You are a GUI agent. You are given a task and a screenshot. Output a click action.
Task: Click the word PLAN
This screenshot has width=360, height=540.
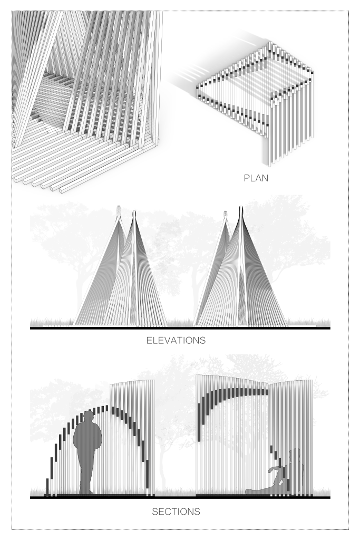256,178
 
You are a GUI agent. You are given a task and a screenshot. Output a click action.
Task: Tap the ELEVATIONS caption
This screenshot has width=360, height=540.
176,340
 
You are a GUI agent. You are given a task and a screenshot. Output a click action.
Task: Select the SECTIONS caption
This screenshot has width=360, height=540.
176,512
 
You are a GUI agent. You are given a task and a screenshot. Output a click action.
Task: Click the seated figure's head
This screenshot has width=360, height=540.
295,455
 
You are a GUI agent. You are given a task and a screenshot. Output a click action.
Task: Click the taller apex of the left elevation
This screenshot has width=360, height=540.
134,211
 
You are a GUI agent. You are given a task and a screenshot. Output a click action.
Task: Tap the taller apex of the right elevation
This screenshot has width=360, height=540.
241,208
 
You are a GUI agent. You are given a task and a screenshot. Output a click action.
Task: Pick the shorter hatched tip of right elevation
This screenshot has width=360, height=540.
226,213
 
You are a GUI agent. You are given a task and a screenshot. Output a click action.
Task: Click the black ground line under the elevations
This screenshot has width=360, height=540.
180,328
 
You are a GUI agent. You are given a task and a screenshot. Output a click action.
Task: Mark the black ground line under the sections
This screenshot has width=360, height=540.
180,497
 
